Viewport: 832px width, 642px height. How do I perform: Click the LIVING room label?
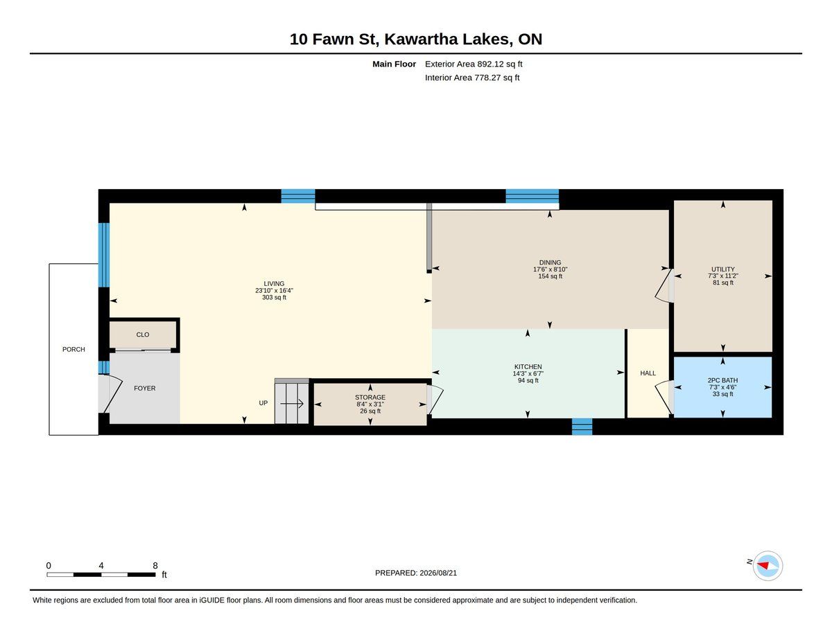point(274,284)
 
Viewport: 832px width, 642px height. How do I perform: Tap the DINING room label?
point(550,262)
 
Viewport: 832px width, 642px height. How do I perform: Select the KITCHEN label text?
point(528,366)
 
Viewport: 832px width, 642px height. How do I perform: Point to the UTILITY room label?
point(722,269)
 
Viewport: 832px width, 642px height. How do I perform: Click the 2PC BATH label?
point(722,380)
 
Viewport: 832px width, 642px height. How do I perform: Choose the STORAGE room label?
point(370,398)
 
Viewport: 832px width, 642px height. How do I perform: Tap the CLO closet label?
point(142,335)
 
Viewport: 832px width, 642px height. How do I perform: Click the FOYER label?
point(144,388)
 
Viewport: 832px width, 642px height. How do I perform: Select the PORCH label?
point(73,349)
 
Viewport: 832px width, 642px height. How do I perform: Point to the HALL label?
point(648,373)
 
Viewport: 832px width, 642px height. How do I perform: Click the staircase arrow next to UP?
point(292,403)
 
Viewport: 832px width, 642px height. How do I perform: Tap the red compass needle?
point(763,565)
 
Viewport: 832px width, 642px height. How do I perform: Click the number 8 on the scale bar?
point(155,566)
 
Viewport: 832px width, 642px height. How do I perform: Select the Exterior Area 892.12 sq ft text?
point(474,64)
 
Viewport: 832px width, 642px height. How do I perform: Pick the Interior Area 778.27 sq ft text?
point(471,78)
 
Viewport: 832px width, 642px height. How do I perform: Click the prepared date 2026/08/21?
point(438,573)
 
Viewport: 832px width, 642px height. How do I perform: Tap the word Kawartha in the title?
point(421,39)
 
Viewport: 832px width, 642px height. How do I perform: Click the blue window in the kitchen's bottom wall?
point(582,427)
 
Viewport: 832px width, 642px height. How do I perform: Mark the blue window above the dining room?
point(532,196)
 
